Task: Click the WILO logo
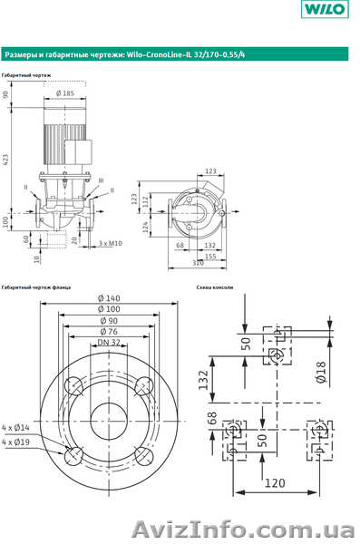[325, 9]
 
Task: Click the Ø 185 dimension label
[65, 93]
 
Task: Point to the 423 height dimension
[5, 160]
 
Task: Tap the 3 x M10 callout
[110, 243]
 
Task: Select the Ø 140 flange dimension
[109, 298]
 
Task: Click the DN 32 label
[109, 343]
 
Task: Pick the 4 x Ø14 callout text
[15, 427]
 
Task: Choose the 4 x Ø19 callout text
[15, 442]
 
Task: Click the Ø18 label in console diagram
[322, 372]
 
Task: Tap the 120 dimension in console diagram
[275, 482]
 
